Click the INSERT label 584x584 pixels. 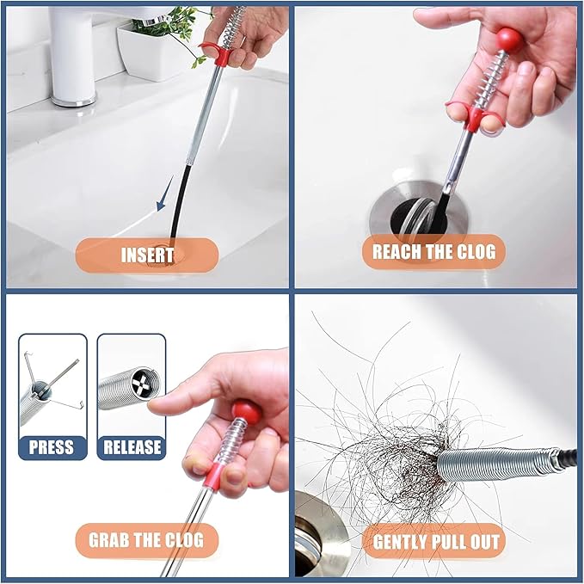point(147,255)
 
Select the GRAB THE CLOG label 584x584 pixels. point(146,540)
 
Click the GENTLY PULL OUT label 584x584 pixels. point(435,542)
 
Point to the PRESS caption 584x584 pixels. point(52,446)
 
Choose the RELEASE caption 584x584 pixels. point(132,446)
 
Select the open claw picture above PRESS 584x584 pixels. point(52,384)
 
